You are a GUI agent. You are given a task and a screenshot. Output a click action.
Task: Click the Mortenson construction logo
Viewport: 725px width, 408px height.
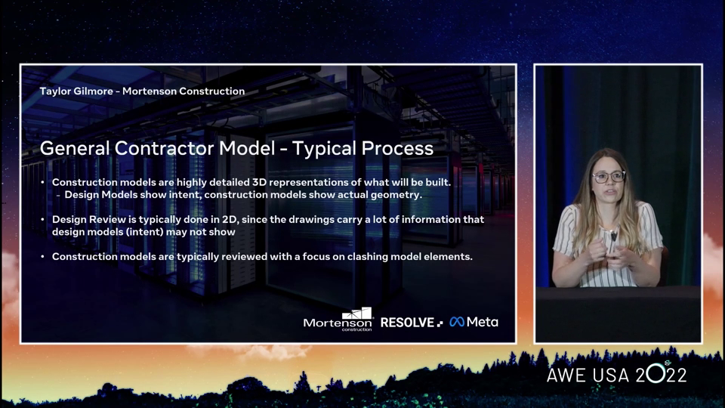click(x=338, y=320)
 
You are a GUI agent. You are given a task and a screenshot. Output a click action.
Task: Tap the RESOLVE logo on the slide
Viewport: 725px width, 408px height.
click(x=412, y=323)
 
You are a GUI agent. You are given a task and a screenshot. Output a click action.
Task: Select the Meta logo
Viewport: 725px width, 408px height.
click(x=474, y=322)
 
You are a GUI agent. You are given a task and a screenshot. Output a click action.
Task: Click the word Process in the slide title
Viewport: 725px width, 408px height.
click(x=397, y=149)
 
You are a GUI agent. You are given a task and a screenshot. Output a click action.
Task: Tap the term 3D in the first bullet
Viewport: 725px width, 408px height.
click(x=259, y=182)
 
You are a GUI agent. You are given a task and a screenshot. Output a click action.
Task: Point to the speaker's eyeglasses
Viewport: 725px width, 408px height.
click(x=609, y=177)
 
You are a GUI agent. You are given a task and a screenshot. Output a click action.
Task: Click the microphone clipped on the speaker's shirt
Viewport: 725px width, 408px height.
click(x=613, y=236)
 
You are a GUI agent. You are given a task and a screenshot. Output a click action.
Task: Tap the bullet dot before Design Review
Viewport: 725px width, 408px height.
click(x=43, y=219)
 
